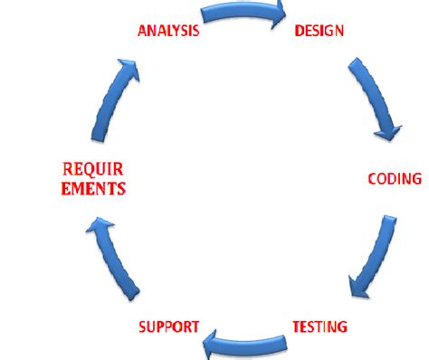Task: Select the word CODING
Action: click(x=395, y=179)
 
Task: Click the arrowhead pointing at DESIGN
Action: click(x=275, y=15)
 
